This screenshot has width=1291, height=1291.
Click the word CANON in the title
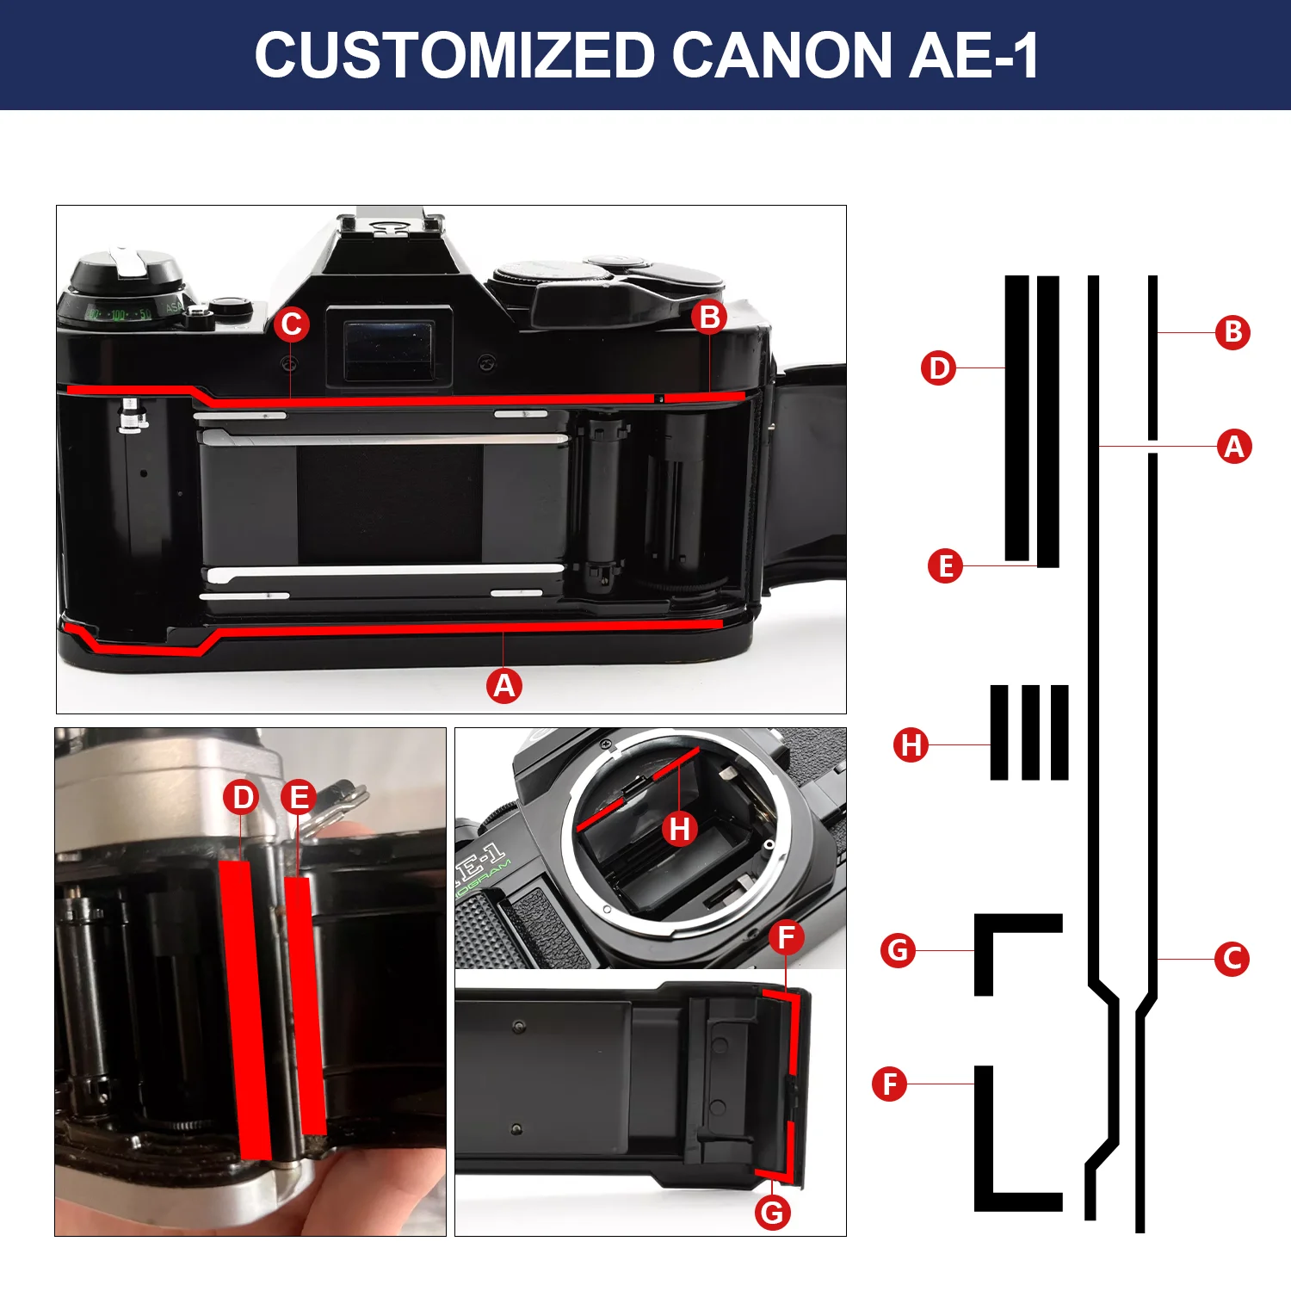[782, 56]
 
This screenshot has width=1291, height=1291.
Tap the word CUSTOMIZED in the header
[455, 56]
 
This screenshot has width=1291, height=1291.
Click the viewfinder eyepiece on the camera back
[389, 349]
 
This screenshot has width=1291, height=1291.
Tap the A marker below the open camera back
[504, 685]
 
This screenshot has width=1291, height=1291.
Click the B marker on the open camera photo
[709, 317]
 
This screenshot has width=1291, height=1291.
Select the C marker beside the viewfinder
[292, 324]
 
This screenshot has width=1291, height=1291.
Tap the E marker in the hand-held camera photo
[299, 797]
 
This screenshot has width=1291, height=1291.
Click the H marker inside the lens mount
[679, 829]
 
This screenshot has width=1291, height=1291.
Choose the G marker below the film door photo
[772, 1212]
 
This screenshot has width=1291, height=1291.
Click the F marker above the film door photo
[786, 936]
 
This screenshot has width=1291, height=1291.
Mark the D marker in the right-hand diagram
[938, 368]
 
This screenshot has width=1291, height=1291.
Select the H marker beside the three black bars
[911, 744]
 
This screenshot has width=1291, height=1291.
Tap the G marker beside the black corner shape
[898, 950]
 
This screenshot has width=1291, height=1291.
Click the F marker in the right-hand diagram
[889, 1084]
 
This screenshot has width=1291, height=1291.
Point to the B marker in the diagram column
[1232, 332]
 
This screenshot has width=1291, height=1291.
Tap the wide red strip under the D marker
[246, 1007]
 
